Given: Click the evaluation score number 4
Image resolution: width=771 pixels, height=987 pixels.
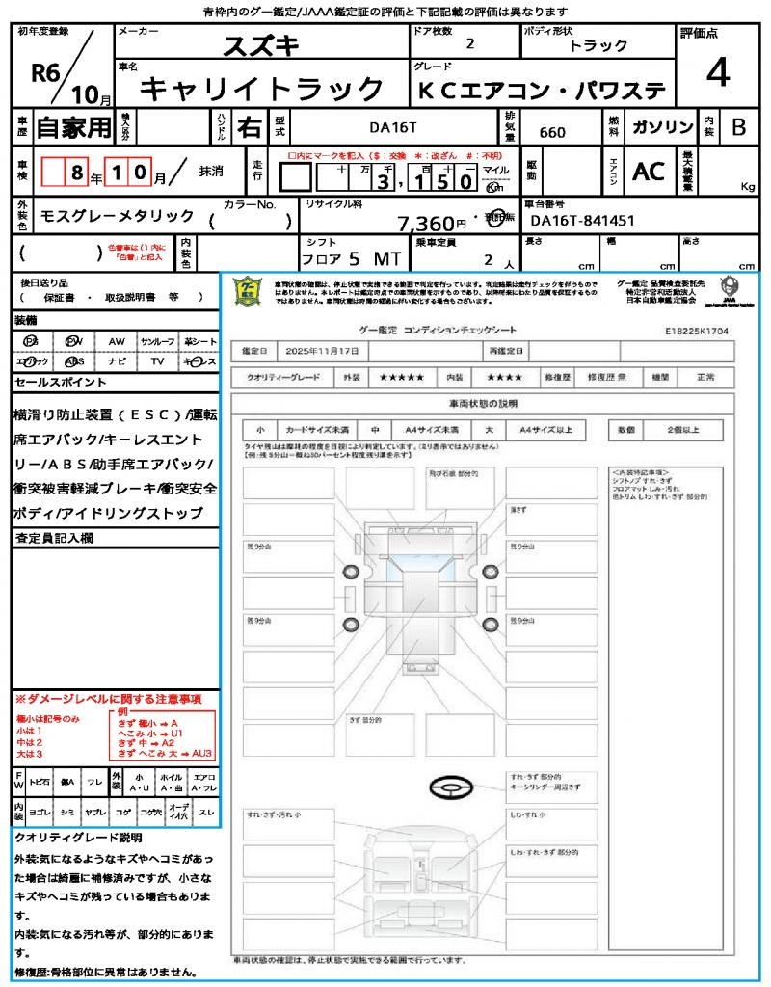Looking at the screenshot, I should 716,72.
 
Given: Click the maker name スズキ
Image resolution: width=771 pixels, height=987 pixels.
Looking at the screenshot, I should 261,44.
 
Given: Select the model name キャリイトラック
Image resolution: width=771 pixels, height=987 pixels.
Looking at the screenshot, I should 262,90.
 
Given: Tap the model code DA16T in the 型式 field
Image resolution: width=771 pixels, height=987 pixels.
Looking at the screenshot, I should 393,126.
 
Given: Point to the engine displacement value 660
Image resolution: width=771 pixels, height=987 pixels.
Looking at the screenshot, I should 552,132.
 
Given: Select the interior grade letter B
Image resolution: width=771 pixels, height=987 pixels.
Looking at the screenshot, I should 738,126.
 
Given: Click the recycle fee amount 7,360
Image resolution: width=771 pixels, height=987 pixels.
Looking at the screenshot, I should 426,224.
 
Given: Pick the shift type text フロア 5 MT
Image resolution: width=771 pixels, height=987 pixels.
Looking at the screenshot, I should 349,259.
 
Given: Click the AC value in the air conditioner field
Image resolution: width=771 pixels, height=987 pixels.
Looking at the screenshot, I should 649,172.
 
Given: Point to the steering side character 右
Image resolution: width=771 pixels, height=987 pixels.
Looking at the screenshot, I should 249,126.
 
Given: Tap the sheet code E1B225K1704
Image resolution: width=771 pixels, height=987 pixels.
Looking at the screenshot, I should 696,330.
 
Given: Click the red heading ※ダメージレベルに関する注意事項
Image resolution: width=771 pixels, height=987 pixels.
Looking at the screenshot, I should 108,698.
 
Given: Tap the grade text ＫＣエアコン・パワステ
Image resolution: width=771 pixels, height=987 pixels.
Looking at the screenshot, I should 541,91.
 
